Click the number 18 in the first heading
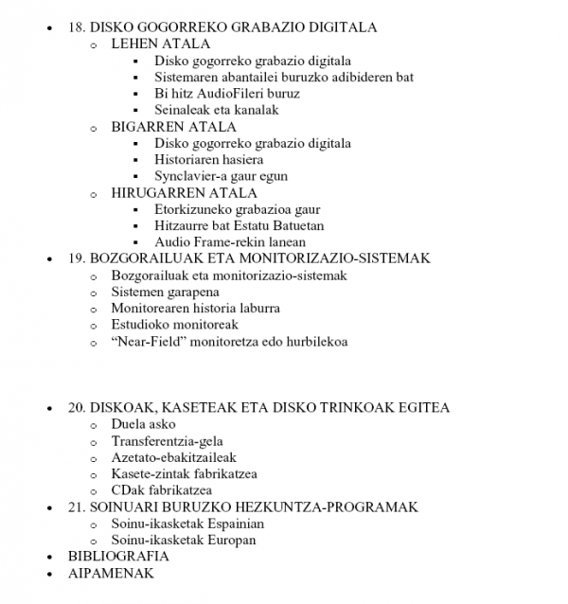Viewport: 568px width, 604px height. pyautogui.click(x=77, y=27)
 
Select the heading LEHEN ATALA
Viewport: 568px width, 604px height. pyautogui.click(x=161, y=44)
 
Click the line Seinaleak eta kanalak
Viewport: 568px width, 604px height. pyautogui.click(x=217, y=110)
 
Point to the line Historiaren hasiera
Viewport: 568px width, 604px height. pyautogui.click(x=209, y=160)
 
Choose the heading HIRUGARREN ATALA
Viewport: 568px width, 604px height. pyautogui.click(x=184, y=193)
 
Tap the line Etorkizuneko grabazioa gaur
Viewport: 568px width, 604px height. pyautogui.click(x=238, y=209)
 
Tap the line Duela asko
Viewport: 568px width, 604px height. pyautogui.click(x=143, y=424)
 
